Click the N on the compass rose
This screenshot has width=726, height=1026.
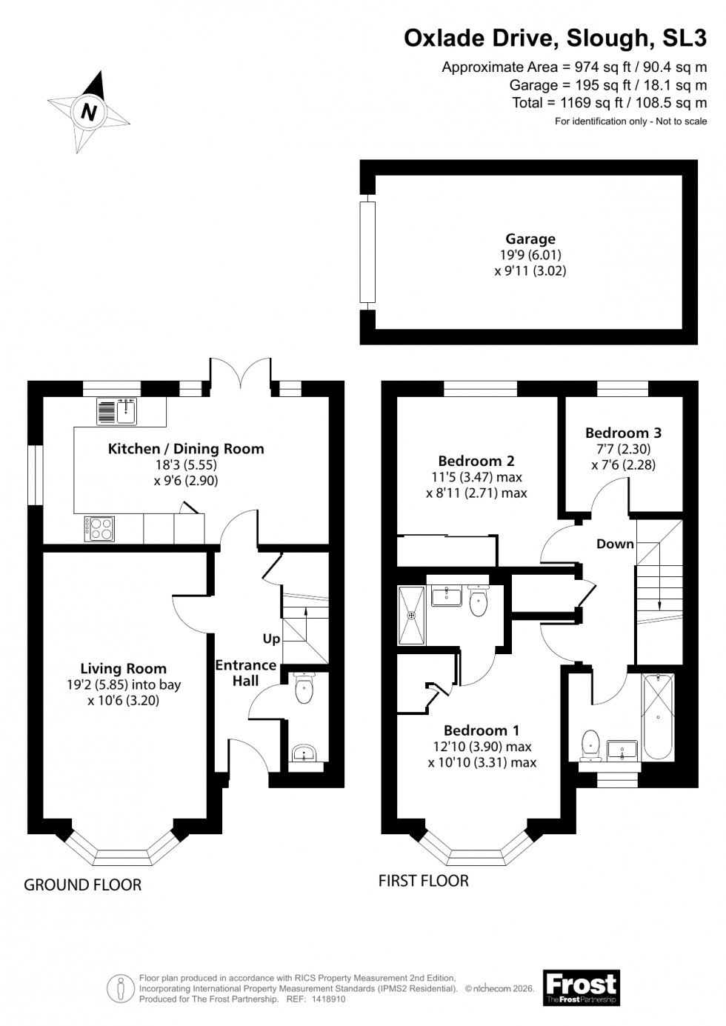[90, 113]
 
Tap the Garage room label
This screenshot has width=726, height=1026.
[530, 239]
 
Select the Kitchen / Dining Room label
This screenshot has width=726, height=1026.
[186, 448]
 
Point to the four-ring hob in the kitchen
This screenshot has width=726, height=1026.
[101, 529]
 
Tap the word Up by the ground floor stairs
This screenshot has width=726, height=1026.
[271, 639]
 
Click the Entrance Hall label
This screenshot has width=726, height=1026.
[245, 672]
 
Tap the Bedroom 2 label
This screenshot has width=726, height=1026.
[476, 461]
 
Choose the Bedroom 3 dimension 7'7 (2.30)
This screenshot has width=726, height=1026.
[623, 450]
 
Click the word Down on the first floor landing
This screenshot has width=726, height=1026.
[615, 544]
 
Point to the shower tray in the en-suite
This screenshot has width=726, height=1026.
[412, 615]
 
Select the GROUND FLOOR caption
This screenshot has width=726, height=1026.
[82, 885]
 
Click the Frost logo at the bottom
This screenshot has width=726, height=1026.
[581, 988]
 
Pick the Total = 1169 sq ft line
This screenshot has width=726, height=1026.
[609, 103]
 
